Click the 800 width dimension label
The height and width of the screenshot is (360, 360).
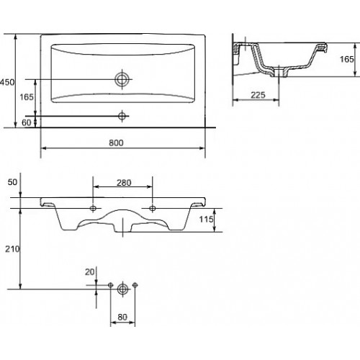point(116,143)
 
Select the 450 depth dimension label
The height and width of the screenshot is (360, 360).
point(7,82)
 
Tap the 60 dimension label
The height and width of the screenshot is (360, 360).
point(27,122)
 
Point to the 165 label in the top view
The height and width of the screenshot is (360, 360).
point(27,97)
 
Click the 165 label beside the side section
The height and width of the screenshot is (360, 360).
point(346,59)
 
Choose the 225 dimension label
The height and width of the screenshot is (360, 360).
point(258,95)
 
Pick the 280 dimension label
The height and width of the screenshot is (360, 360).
point(124,183)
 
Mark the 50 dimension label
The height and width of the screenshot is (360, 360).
point(12,182)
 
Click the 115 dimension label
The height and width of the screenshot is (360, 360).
point(206,219)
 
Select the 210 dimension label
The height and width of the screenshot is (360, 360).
point(12,249)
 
